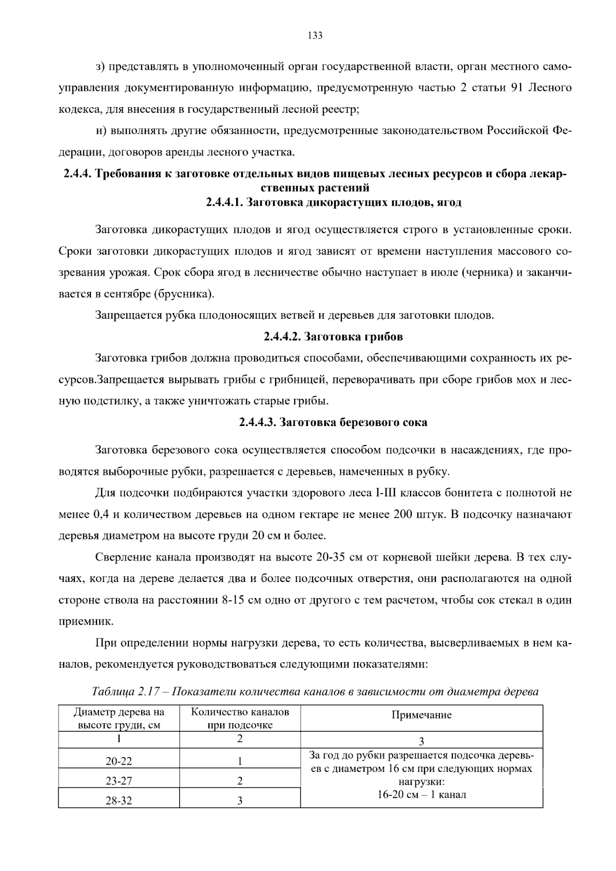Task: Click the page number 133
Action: [x=315, y=35]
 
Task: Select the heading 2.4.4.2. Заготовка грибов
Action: [x=333, y=337]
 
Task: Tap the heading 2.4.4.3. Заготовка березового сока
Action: [x=333, y=422]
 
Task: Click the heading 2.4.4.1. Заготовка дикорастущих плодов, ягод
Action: [x=334, y=202]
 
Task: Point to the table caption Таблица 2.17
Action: [x=315, y=691]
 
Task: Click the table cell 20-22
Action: [x=119, y=762]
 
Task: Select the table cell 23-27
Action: [x=119, y=781]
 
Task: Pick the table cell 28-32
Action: [x=119, y=801]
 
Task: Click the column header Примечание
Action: [x=421, y=715]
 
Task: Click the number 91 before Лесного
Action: [x=517, y=88]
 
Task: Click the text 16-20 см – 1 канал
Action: [x=421, y=795]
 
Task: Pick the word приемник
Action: [x=86, y=622]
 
